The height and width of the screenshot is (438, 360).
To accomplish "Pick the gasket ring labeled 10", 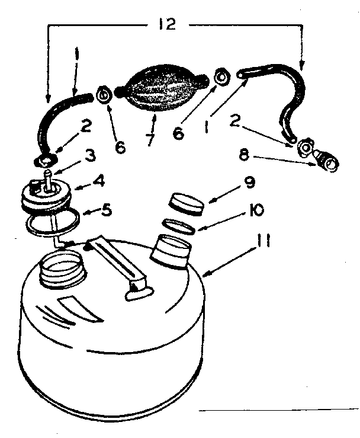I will (x=178, y=225).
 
